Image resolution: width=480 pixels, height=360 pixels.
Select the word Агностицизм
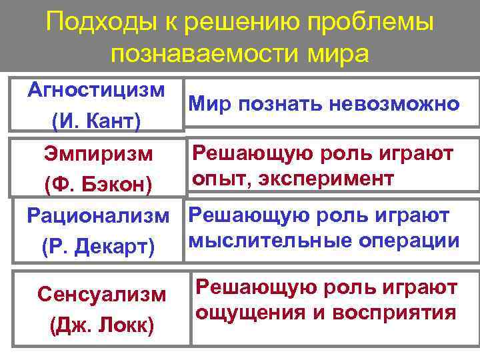click(x=97, y=89)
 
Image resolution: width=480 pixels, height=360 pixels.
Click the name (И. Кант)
click(x=96, y=121)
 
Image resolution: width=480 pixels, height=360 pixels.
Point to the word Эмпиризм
click(x=98, y=154)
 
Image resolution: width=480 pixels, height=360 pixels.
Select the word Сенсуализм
click(x=101, y=293)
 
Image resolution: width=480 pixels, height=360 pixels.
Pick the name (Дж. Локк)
click(x=101, y=325)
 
